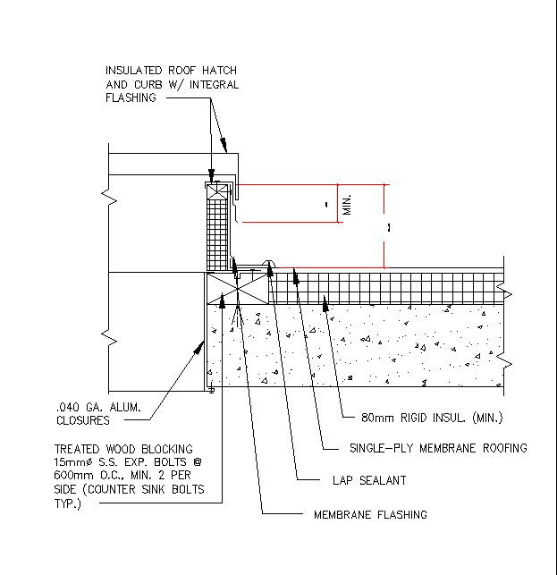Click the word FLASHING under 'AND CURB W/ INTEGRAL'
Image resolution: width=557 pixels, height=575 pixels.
coord(131,98)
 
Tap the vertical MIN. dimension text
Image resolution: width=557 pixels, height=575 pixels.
coord(349,203)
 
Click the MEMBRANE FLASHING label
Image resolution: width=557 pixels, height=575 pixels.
coord(370,514)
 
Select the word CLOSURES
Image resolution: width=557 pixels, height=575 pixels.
coord(82,420)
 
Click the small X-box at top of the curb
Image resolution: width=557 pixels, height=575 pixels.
coord(215,190)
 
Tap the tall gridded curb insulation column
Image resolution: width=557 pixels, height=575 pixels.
coord(215,233)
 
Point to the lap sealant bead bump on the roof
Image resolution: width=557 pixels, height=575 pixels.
coord(268,264)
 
